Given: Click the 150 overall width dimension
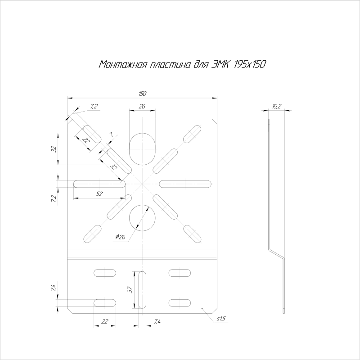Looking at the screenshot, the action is pos(142,94).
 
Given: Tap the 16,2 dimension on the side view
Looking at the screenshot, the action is pos(276,106).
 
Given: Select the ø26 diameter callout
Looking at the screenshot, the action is pos(120,237).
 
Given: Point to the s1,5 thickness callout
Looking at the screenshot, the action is pos(221,319).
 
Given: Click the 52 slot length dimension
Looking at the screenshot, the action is pos(99,194).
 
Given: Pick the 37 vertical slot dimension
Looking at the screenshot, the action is pos(130,290).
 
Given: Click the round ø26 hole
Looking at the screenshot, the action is pos(142,218).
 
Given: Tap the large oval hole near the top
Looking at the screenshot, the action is pos(142,149).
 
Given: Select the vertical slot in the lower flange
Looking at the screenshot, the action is pos(142,290).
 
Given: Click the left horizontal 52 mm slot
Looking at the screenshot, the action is pos(99,184).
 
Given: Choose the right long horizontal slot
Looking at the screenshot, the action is pos(185,184).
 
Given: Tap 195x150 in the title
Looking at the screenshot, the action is pos(249,64).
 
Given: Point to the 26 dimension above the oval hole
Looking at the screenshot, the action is pos(142,106).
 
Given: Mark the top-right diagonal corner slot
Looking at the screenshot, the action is pos(192,134).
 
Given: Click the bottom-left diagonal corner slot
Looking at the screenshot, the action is pos(92,234).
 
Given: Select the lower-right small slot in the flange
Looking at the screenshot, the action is pos(180,303).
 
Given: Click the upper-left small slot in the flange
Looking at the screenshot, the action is pos(105,273).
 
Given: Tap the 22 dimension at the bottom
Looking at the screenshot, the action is pos(105,321).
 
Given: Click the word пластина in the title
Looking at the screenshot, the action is pos(170,64).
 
